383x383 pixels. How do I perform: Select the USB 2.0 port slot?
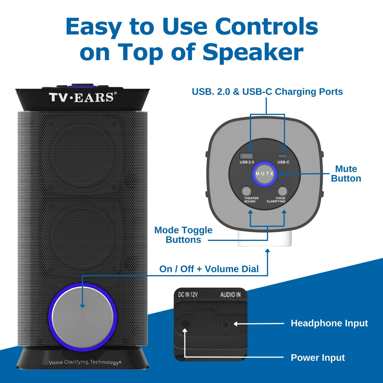pos(246,156)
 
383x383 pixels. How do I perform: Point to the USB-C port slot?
pos(283,156)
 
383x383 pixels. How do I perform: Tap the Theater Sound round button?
pos(246,191)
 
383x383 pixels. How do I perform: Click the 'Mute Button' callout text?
pos(346,173)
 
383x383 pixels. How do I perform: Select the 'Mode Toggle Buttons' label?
pos(183,235)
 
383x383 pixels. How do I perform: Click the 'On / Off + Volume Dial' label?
pos(209,269)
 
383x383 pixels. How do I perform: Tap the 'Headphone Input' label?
pos(329,323)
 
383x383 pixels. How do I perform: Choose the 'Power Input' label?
pos(318,358)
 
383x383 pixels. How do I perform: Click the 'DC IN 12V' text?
pos(188,294)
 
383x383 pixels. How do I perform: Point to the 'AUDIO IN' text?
pos(230,294)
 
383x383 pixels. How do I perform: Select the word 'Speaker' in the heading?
pos(253,52)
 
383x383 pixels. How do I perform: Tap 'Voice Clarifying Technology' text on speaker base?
pos(85,362)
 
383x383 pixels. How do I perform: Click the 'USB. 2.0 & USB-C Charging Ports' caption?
pos(267,92)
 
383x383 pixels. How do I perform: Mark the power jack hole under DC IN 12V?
pos(185,324)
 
